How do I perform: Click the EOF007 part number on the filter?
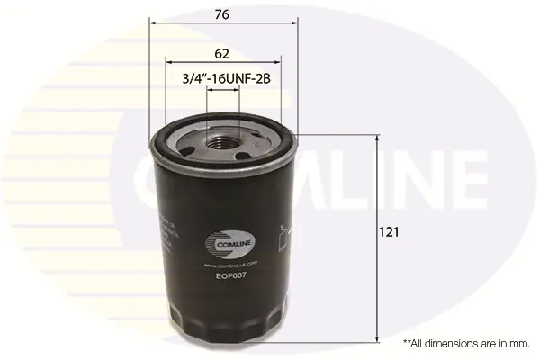(x=232, y=276)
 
